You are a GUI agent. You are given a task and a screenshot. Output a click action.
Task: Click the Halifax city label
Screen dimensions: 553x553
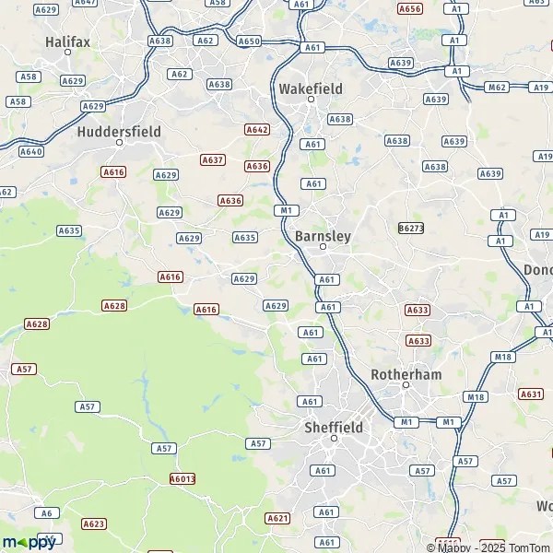pos(66,41)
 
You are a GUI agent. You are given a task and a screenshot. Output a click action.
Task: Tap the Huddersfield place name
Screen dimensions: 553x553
pos(119,132)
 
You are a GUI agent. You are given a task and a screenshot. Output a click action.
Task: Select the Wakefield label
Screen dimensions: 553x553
pos(311,88)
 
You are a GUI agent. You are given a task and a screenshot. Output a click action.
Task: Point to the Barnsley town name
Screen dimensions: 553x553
pos(323,236)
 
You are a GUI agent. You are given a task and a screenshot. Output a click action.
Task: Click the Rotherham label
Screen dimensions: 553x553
pos(406,374)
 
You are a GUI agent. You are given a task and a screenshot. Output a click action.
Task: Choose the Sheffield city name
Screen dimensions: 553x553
pos(334,428)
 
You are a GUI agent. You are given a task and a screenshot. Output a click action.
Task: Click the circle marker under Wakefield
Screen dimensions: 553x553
pos(311,100)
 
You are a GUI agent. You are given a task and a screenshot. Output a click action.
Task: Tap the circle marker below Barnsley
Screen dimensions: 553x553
pos(323,247)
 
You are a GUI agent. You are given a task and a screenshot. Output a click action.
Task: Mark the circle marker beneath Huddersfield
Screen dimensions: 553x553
pos(119,143)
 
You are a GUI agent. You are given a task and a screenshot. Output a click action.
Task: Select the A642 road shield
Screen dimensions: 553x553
pos(257,130)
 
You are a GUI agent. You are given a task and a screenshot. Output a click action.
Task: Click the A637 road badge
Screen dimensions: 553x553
pos(213,159)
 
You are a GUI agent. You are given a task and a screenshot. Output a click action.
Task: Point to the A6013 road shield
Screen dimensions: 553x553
pos(182,478)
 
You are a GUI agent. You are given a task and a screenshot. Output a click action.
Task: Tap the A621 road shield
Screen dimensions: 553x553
pos(277,518)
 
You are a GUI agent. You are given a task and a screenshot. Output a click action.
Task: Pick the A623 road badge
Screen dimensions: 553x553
pos(93,524)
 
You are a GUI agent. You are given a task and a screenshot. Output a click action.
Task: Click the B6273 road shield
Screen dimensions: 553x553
pos(411,228)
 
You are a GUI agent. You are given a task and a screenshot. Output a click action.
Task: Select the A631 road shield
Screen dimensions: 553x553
pos(531,394)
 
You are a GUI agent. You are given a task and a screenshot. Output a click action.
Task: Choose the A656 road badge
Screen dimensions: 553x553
pos(410,8)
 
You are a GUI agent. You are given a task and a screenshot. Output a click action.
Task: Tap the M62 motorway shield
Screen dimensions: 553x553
pos(497,88)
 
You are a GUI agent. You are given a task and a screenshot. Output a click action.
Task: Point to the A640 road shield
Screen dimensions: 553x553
pos(31,151)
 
